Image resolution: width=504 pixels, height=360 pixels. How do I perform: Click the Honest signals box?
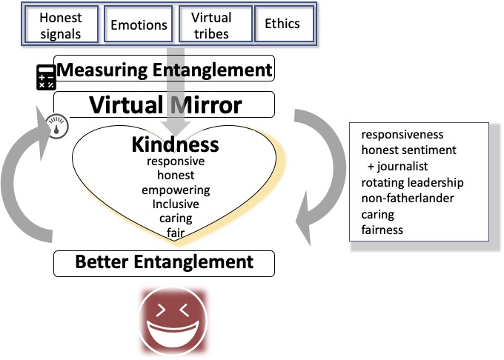(62, 24)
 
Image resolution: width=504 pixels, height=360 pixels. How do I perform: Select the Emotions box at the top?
(138, 25)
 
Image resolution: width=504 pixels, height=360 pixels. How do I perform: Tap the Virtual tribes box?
(211, 24)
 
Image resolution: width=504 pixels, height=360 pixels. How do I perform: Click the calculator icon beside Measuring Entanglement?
(47, 76)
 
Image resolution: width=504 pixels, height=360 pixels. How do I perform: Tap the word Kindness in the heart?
(175, 144)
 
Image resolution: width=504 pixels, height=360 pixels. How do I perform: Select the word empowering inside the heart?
(176, 190)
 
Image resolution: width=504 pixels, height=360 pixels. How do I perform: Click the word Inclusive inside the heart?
(176, 204)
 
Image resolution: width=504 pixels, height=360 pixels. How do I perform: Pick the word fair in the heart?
(176, 233)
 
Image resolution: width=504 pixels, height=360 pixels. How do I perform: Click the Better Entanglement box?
(165, 262)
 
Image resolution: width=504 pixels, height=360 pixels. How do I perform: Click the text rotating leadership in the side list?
(412, 182)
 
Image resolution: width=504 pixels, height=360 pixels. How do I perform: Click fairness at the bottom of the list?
(382, 230)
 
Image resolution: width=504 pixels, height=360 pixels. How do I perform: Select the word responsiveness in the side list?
(402, 135)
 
